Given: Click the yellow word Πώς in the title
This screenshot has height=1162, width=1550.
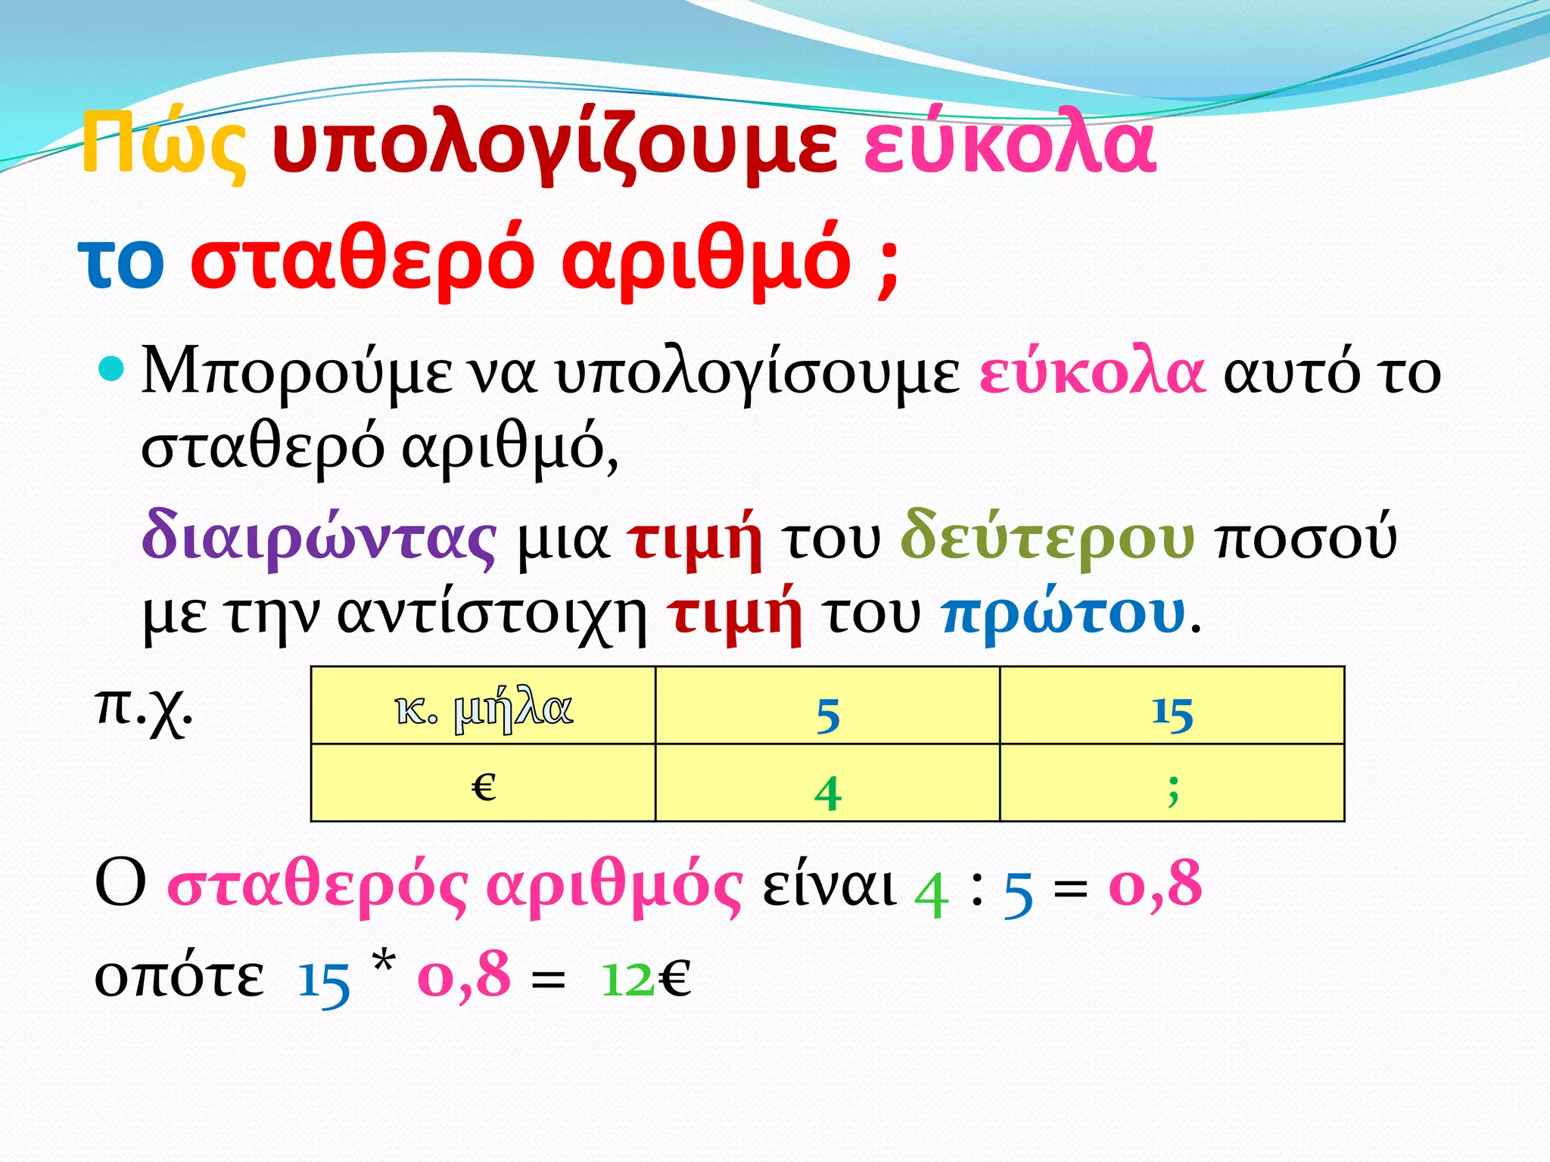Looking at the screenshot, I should tap(163, 144).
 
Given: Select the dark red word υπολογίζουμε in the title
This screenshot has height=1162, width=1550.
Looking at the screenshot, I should tap(555, 144).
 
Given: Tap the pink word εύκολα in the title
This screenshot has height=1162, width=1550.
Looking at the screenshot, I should tap(1010, 144).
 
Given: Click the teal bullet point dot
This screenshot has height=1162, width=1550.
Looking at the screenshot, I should tap(110, 369).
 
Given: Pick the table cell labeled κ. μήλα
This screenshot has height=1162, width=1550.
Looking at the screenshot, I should tap(483, 706).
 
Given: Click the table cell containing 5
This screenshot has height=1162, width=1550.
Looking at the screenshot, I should tap(827, 706).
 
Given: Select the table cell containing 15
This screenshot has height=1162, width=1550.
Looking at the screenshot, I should tap(1172, 706).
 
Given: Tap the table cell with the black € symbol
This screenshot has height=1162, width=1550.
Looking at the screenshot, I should tap(483, 783).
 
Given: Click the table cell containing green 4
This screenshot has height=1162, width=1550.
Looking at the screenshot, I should tap(827, 783).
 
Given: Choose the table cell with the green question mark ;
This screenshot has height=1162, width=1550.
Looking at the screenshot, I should tap(1172, 783).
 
